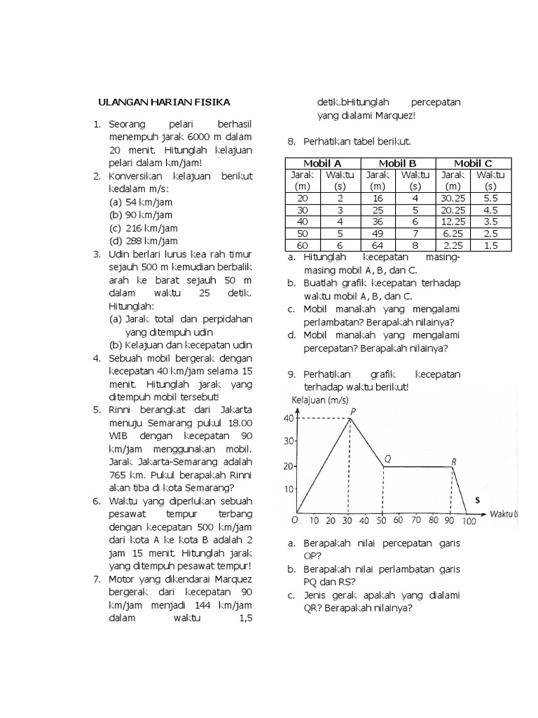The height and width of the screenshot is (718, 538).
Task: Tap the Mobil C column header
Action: [x=474, y=163]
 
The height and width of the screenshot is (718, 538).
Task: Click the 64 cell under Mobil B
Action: [x=378, y=245]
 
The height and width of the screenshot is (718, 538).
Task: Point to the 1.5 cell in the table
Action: [x=490, y=245]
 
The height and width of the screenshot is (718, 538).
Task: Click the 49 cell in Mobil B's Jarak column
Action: [x=378, y=233]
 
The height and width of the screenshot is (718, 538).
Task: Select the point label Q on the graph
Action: [x=387, y=459]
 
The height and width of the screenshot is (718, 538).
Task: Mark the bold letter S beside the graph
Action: [x=477, y=500]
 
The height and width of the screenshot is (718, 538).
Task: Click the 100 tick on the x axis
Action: [x=469, y=521]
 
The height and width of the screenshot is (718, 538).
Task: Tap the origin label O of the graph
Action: [x=294, y=520]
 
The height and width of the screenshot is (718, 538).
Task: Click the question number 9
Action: [x=292, y=374]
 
